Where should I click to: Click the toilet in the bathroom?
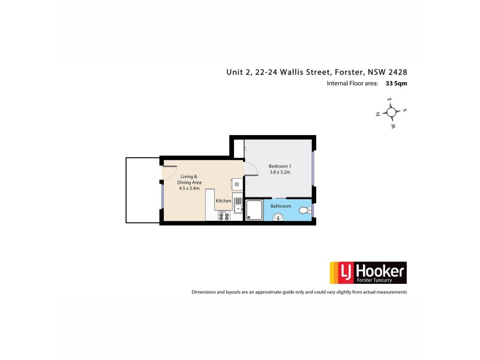(306, 209)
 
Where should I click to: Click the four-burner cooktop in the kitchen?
(224, 215)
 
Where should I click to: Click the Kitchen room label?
(223, 200)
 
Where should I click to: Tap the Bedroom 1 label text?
(280, 166)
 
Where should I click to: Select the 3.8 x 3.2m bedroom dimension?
(280, 173)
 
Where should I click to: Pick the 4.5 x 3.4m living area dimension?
(189, 188)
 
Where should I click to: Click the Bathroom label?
(280, 206)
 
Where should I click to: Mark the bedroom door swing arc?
(249, 169)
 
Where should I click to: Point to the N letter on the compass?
(378, 113)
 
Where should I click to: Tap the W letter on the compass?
(393, 126)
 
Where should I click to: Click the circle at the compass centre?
(391, 112)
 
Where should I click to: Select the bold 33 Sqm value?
(396, 84)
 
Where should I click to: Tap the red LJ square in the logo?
(338, 272)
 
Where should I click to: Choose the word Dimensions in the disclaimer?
(205, 292)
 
